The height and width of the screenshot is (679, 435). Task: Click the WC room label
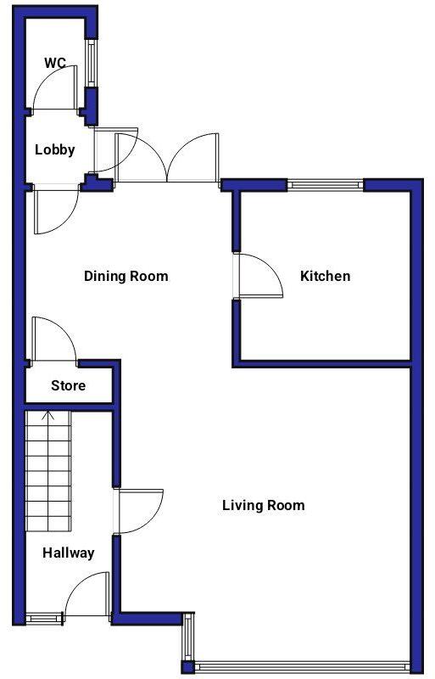pos(55,63)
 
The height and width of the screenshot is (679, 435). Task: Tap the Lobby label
pos(55,150)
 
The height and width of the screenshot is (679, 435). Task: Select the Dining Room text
pos(125,276)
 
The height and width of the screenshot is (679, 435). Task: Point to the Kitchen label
pos(325,276)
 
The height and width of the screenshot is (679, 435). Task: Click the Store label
pos(68,385)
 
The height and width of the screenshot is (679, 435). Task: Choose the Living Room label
pos(263,506)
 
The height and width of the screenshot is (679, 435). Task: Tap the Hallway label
pos(69,553)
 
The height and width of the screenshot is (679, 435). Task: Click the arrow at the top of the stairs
pos(48,417)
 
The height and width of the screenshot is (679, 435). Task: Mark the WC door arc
pos(58,88)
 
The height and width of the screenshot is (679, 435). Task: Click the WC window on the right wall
pos(91,63)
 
